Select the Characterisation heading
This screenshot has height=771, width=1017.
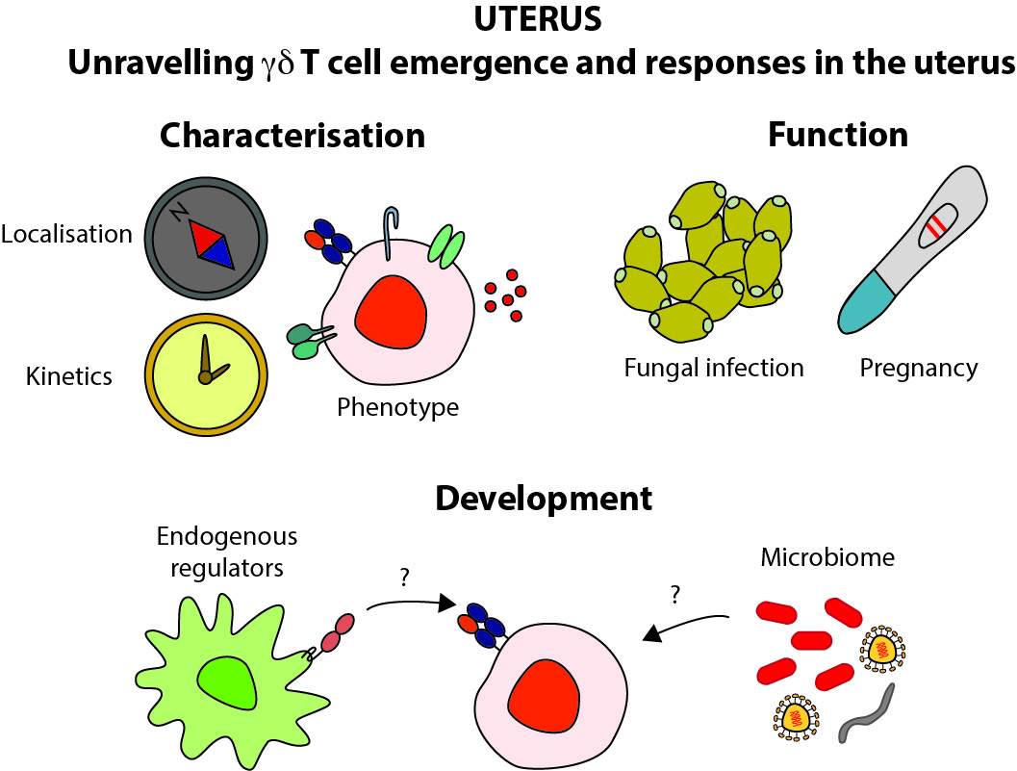point(292,135)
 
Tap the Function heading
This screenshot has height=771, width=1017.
point(837,135)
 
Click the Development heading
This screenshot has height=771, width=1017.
point(544,499)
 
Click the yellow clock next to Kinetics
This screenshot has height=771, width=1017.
point(206,373)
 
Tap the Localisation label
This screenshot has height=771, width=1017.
point(66,234)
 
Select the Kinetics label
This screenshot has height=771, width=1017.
point(69,375)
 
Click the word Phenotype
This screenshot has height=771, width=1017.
point(397,407)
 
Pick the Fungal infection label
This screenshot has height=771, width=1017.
point(713,367)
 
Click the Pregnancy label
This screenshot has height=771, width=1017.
point(918,367)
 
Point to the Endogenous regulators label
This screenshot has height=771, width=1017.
point(227,552)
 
